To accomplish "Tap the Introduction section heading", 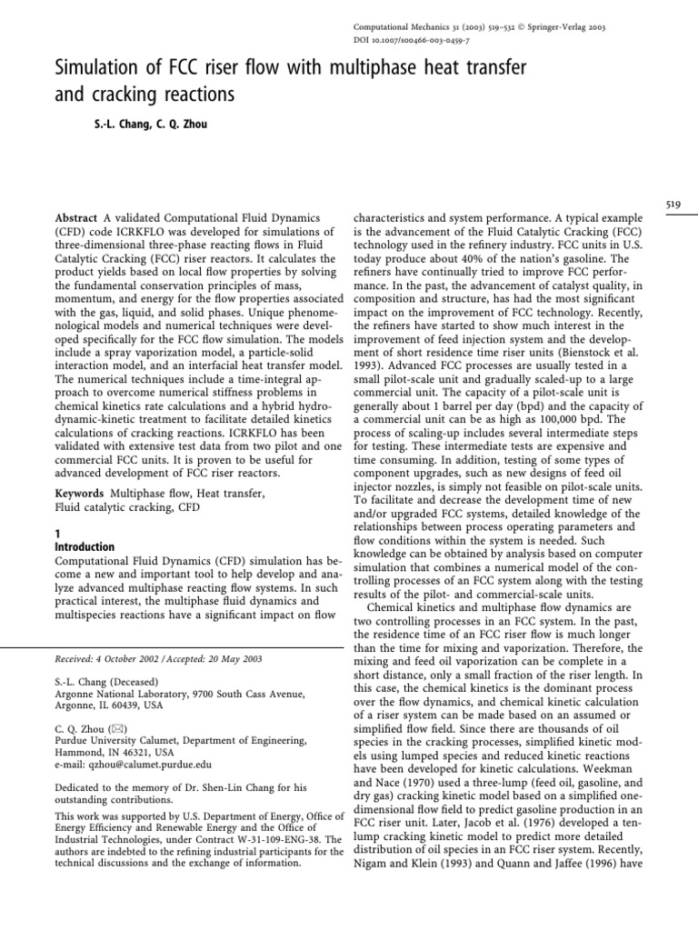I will (85, 547).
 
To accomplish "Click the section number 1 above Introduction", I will (57, 535).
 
